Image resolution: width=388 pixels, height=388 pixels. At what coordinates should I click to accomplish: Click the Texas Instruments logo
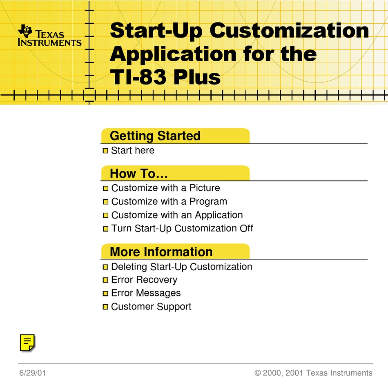tap(49, 36)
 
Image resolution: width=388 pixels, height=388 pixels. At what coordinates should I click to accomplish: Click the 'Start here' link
tap(133, 150)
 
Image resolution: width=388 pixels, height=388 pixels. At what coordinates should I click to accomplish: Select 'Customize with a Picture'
tap(165, 188)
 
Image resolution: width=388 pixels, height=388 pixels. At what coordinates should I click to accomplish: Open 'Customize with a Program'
tap(169, 202)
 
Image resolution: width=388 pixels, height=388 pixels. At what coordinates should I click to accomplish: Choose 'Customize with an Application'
tap(177, 215)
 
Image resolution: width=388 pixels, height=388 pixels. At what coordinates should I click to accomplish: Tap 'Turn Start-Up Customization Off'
tap(182, 228)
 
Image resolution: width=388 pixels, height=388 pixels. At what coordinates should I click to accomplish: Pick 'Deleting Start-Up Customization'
tap(182, 267)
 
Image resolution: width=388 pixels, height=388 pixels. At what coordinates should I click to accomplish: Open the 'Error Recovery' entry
tap(144, 280)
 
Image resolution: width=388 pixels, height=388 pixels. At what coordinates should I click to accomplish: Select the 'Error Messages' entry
tap(146, 293)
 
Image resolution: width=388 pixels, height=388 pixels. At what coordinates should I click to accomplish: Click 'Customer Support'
tap(151, 307)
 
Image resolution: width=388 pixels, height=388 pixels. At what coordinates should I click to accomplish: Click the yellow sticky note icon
tap(27, 343)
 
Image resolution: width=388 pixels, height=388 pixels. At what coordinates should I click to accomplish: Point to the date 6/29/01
tap(33, 373)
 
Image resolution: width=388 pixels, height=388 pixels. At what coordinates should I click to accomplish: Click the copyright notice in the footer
tap(313, 373)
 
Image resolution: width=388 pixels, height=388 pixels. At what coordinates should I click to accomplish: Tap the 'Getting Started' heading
tap(155, 136)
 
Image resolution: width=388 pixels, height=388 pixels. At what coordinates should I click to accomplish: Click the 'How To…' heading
tap(139, 174)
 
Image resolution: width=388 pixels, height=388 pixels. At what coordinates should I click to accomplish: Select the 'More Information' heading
tap(161, 252)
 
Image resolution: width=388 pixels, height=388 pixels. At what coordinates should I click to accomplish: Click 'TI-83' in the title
tap(138, 77)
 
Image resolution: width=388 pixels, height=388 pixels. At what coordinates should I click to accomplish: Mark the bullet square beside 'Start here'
tap(105, 151)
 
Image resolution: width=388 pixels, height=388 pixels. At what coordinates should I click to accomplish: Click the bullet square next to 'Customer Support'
tap(105, 307)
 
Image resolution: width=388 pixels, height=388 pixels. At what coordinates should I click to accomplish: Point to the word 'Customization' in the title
tap(289, 31)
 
